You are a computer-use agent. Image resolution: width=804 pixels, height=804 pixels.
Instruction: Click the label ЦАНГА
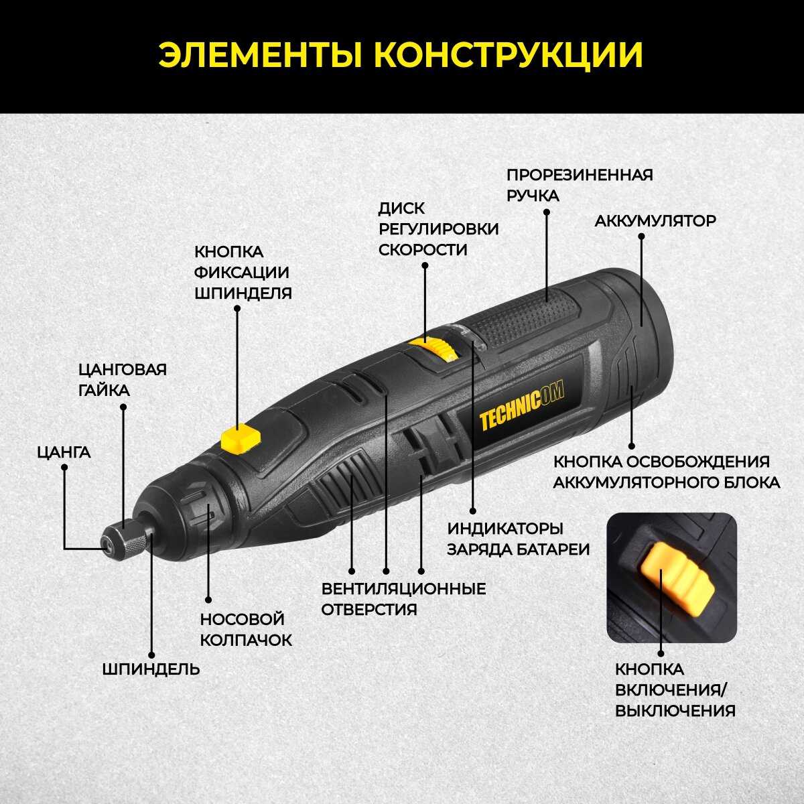[x=64, y=452]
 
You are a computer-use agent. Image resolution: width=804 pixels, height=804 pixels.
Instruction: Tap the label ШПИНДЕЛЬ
[x=151, y=668]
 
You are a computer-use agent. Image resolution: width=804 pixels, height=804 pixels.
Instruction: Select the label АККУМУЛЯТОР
[x=655, y=221]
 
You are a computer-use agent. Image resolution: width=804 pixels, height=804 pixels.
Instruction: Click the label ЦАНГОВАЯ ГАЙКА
[x=122, y=380]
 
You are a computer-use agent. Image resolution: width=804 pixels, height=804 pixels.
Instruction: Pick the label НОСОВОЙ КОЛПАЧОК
[x=246, y=629]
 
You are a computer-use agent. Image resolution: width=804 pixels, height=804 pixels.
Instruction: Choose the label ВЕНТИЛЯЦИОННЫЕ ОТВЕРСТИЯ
[x=403, y=599]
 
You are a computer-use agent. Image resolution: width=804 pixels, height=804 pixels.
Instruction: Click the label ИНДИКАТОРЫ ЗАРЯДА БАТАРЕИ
[x=518, y=539]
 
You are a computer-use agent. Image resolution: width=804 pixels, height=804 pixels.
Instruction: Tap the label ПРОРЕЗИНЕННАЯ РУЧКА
[x=579, y=185]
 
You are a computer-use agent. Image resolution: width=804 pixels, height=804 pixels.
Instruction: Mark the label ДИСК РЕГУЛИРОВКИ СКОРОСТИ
[x=438, y=229]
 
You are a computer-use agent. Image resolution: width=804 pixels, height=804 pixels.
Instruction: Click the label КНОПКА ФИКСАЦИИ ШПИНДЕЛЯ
[x=243, y=272]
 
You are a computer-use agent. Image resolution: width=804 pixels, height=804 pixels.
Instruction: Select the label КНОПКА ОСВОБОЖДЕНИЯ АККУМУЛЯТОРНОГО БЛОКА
[x=666, y=472]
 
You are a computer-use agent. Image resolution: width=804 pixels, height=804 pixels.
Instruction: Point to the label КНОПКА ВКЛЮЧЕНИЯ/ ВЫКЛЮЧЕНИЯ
[x=675, y=689]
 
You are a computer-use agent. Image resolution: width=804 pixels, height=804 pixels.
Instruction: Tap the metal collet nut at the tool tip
[x=127, y=537]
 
